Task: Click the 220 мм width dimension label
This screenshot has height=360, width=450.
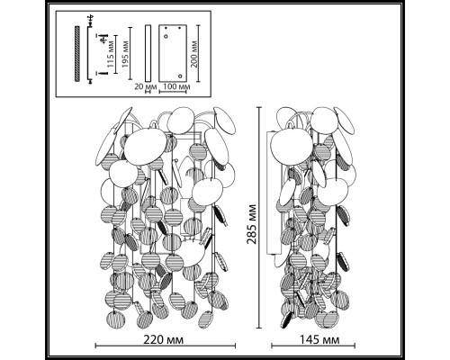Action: (x=163, y=340)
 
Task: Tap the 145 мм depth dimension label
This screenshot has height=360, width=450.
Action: (x=319, y=340)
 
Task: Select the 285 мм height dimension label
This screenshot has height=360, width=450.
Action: (x=252, y=224)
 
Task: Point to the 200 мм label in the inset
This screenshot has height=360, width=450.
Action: (x=194, y=54)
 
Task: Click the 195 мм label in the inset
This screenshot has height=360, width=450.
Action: (x=126, y=54)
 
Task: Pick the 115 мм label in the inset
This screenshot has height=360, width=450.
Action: (x=111, y=54)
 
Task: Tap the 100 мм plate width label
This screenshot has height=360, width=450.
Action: (x=176, y=87)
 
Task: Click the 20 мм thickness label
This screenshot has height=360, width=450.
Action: (x=146, y=87)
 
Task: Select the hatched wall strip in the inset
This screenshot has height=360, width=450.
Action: (x=77, y=54)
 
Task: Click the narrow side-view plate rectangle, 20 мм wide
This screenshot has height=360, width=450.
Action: (x=148, y=53)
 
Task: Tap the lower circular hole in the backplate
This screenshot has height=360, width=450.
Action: (x=180, y=76)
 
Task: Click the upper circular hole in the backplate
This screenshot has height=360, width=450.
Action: (x=166, y=36)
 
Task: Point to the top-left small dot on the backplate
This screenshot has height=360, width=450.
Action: (x=166, y=28)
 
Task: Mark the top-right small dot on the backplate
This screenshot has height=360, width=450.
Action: (x=180, y=28)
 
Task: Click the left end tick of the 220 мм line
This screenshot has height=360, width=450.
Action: (x=95, y=346)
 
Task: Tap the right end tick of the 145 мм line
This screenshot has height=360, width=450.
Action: (x=355, y=346)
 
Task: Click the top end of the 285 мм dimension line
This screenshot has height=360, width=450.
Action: (x=260, y=107)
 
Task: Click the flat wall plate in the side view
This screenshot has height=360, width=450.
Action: (x=274, y=193)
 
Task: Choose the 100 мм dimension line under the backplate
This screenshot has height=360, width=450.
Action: (x=173, y=92)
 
